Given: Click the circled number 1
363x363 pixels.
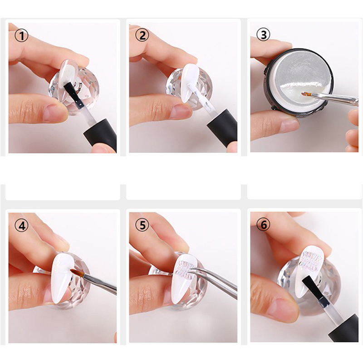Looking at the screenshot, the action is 21,35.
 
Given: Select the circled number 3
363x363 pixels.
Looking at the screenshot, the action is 263,34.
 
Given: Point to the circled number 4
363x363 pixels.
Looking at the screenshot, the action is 21,225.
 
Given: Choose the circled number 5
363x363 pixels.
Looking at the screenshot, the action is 142,225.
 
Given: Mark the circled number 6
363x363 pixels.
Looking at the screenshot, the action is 263,224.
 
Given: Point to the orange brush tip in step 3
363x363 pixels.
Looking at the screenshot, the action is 306,94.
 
